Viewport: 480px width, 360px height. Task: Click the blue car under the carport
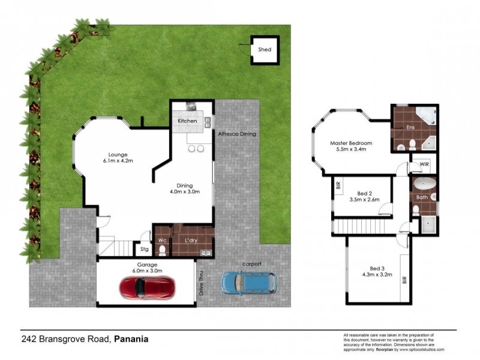pos(248,283)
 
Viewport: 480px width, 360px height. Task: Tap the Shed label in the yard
pos(264,50)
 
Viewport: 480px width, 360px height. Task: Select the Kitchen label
pos(187,122)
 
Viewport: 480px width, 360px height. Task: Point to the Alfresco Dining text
pos(236,134)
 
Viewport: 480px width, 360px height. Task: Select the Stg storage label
pos(144,248)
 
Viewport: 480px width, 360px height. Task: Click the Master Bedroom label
pos(351,143)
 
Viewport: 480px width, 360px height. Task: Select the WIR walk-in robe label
pos(424,163)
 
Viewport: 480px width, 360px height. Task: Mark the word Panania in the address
pos(131,339)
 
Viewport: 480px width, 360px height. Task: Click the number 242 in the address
pos(28,339)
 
